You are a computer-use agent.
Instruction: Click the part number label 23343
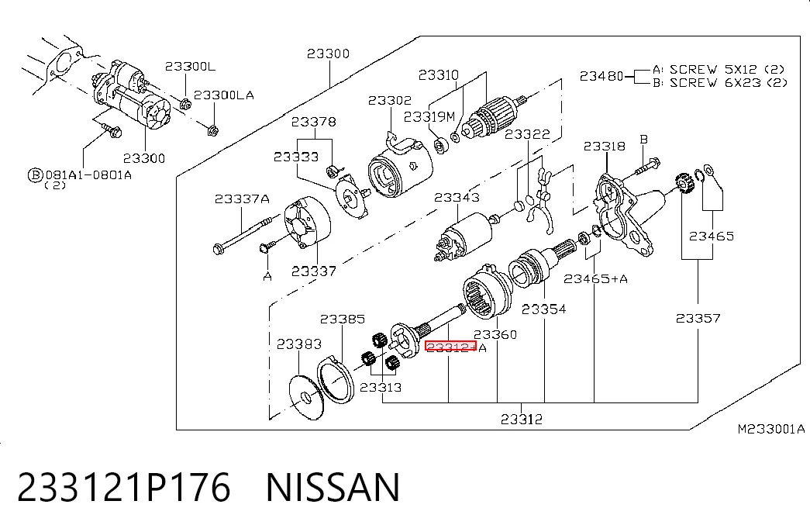pos(457,198)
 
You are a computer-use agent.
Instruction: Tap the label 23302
pos(390,100)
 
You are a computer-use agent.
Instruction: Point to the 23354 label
pos(543,309)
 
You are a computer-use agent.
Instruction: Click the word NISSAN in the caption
pos(333,486)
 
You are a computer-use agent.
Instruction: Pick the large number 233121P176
pos(124,486)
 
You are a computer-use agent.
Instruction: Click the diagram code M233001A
pos(770,429)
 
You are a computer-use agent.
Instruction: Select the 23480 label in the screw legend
pos(601,76)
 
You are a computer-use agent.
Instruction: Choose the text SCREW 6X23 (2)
pos(729,83)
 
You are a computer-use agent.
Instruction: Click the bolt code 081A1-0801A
pos(88,174)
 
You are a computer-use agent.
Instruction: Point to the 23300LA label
pos(224,95)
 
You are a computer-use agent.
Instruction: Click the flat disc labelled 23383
pos(306,397)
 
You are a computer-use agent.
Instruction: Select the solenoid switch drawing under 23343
pos(464,237)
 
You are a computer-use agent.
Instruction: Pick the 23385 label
pos(343,319)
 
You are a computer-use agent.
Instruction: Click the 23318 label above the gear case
pos(605,147)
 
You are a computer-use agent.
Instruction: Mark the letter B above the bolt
pos(643,139)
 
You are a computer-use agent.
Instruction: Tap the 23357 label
pos(698,319)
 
